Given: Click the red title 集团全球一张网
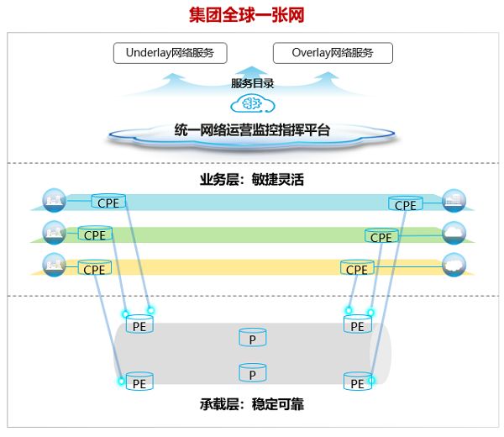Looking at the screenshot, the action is [246, 15].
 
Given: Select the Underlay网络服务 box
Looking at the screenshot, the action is [170, 53].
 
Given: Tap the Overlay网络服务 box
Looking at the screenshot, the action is [333, 53].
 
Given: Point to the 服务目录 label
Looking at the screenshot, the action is [252, 83].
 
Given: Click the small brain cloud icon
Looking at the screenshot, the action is [253, 103].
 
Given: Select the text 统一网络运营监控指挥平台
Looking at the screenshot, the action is [252, 130].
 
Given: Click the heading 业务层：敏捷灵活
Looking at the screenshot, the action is [252, 180].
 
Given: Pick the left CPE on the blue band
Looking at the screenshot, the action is [108, 202].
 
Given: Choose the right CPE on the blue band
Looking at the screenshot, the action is [406, 204].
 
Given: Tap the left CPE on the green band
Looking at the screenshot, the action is [95, 234].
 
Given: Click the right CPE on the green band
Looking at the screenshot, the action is [381, 236].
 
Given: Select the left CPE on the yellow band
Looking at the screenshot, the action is [94, 268].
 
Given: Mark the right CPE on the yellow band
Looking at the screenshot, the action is [357, 268].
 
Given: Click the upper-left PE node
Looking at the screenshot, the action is [139, 324].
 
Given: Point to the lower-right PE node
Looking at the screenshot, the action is [358, 382].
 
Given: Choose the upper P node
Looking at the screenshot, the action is [253, 337].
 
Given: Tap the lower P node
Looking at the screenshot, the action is [253, 372].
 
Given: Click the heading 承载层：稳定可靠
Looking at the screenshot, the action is [252, 404].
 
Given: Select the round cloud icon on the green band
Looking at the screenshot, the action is [454, 233].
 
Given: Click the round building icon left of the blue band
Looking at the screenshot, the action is [55, 200].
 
